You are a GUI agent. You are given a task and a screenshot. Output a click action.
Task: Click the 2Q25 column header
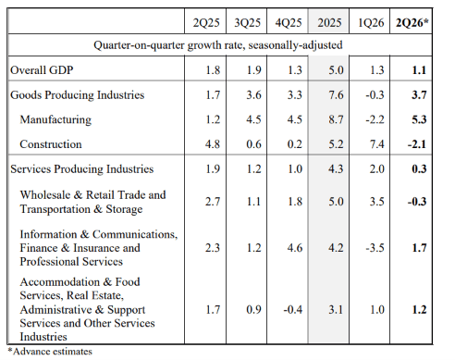(206, 22)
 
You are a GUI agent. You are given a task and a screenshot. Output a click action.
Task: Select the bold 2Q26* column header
(412, 22)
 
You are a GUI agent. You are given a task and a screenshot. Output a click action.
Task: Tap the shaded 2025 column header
(329, 22)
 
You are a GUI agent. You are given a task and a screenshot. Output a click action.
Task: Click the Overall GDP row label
(42, 70)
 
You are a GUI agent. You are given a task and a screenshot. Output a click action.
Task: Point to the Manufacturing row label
(55, 119)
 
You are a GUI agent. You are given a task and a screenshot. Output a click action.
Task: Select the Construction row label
(51, 144)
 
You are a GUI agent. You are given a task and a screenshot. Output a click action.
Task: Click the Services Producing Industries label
(82, 169)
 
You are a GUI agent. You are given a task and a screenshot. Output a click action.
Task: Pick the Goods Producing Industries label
(77, 95)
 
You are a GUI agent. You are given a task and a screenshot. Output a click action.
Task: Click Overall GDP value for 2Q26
(419, 70)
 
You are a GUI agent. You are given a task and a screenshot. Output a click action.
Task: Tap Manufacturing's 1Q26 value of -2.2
(375, 119)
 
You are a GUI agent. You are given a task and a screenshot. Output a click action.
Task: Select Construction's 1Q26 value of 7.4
(377, 144)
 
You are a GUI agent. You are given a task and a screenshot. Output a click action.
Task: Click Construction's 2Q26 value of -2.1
(417, 144)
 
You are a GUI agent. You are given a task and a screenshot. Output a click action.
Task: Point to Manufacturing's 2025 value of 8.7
(336, 119)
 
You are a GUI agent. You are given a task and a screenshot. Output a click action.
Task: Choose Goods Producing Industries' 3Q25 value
(253, 95)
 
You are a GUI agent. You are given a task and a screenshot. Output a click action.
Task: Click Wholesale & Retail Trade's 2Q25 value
(213, 202)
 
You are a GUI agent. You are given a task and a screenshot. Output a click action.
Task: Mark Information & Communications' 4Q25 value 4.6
(295, 248)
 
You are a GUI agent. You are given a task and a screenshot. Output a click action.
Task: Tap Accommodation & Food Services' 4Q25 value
(293, 309)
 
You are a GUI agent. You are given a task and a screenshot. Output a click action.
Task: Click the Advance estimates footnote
(50, 352)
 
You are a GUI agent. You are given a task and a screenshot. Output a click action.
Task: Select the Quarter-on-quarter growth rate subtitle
(218, 45)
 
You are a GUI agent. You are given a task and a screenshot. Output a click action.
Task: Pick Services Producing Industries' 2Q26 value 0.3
(419, 169)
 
